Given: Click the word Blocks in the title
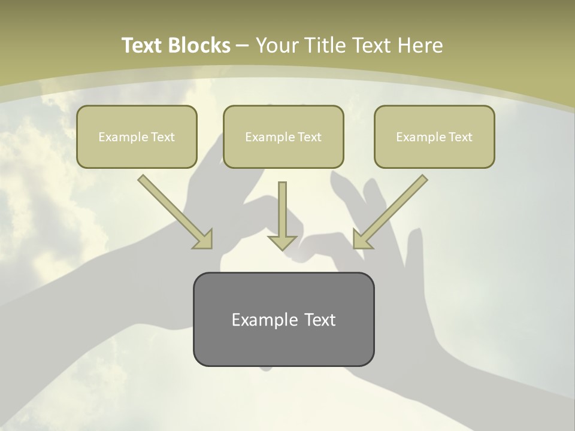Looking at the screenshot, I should tap(201, 45).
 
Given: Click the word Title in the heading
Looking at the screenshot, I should tap(327, 45).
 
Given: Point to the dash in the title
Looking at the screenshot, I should tap(243, 46).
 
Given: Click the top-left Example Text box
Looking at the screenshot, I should tap(137, 136).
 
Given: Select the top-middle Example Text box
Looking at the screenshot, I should tap(283, 136).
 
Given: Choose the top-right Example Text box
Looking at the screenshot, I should tap(434, 136).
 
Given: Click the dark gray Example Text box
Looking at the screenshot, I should tap(283, 319).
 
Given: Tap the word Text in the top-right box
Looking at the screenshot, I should tap(460, 137).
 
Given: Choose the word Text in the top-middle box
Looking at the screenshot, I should tap(309, 137).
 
